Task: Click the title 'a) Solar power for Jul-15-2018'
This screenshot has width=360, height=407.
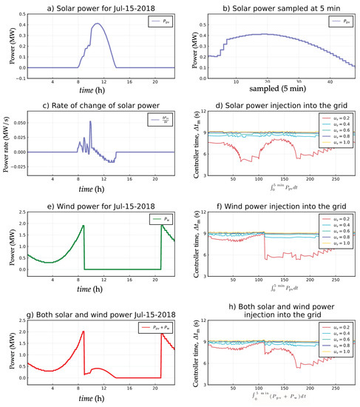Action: click(x=99, y=7)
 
